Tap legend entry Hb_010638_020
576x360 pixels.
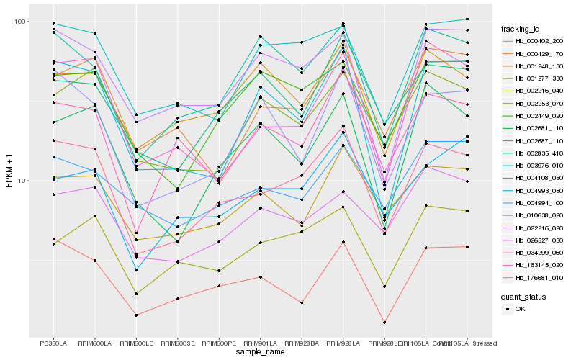[537, 215]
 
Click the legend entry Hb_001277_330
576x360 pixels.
[537, 78]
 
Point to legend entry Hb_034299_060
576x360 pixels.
[537, 252]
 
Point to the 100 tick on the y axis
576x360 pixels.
[20, 22]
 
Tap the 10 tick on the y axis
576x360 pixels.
[22, 180]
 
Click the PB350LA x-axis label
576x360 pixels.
[52, 343]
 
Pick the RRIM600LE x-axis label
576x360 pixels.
[135, 343]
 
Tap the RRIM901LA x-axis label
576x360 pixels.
[260, 343]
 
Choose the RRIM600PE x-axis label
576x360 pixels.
[218, 343]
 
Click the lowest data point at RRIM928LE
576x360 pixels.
[384, 323]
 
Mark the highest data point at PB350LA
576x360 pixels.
[52, 24]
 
